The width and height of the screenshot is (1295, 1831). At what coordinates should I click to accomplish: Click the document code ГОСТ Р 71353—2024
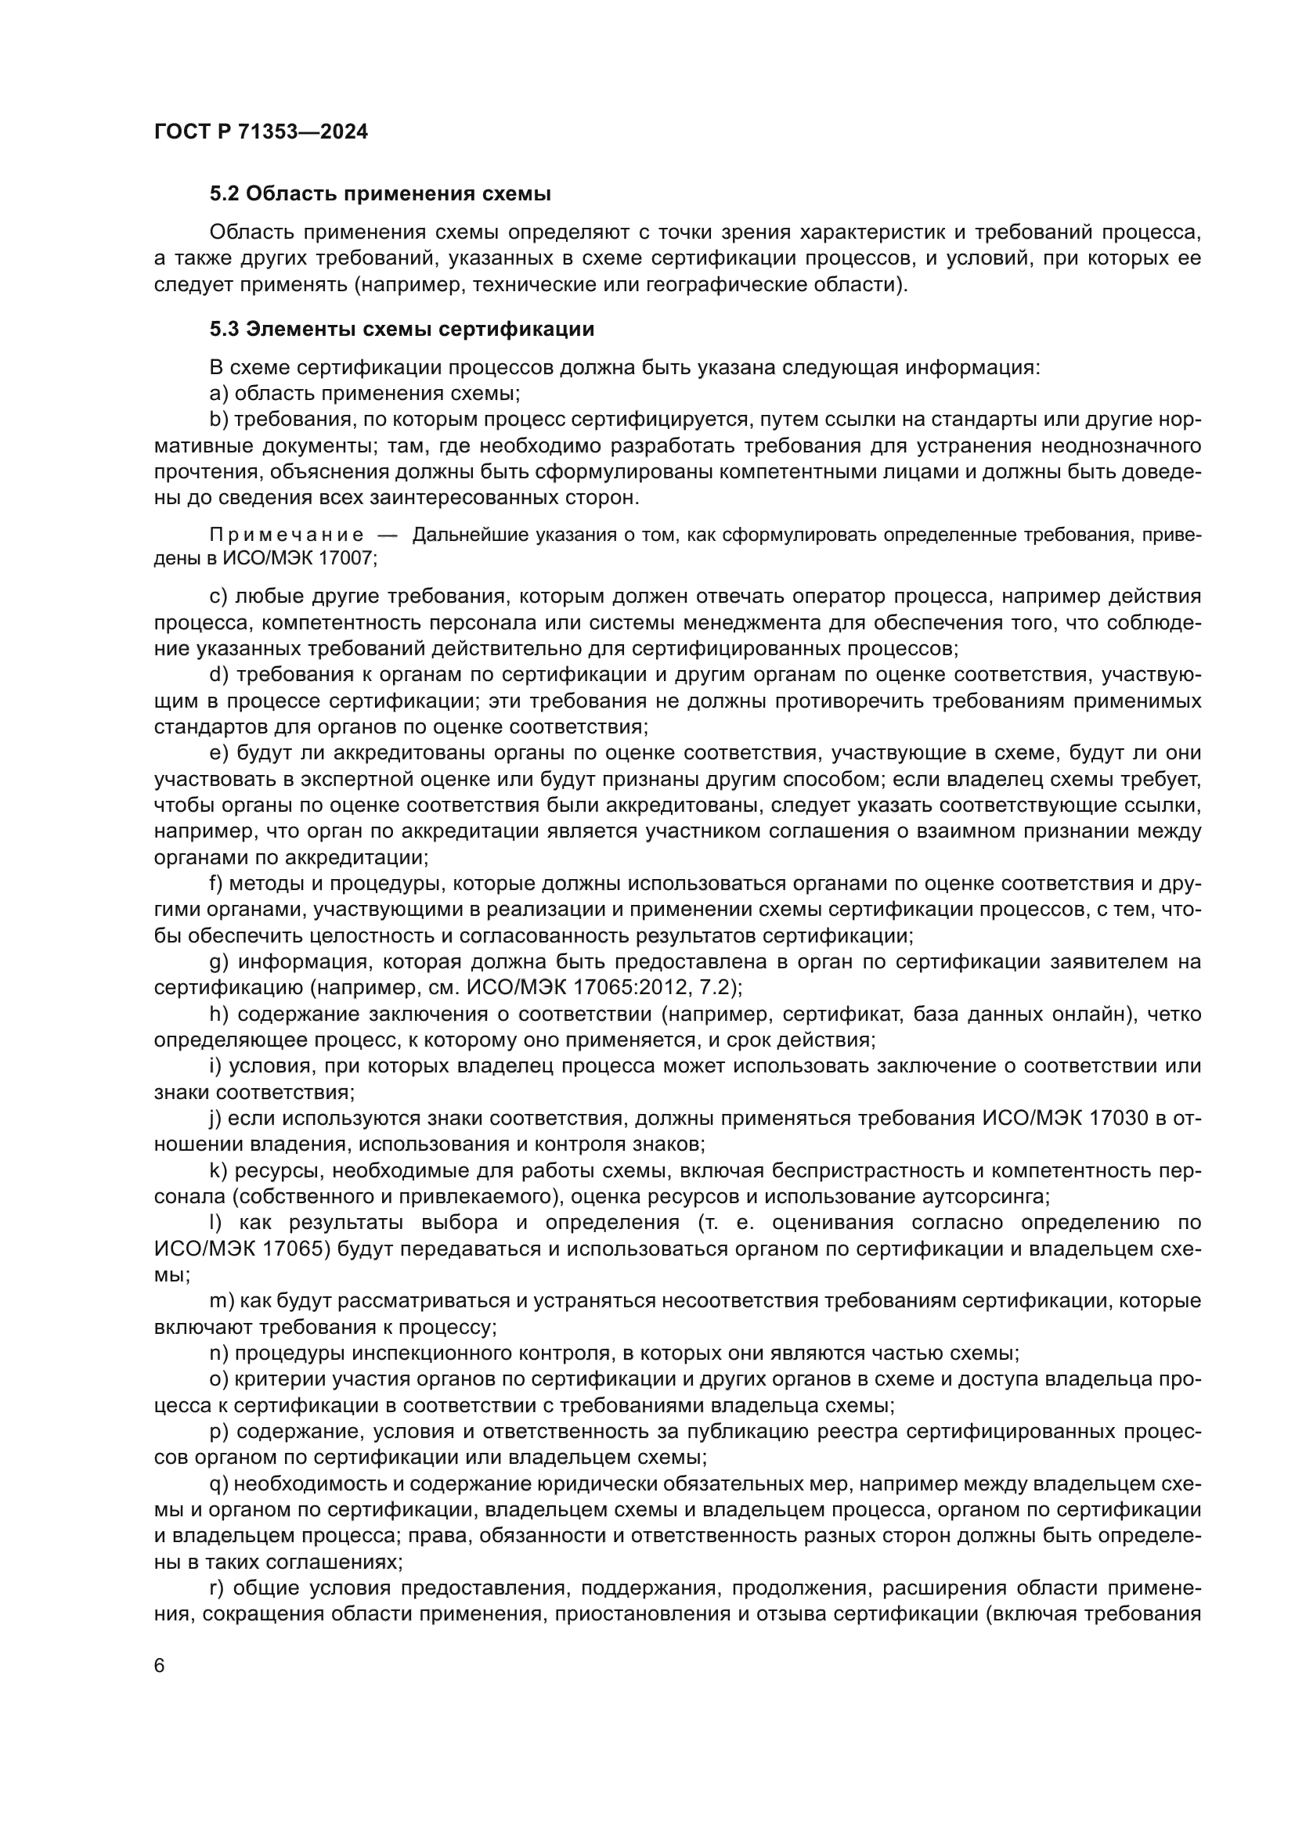261,132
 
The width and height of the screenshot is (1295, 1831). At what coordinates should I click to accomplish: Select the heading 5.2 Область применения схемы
381,194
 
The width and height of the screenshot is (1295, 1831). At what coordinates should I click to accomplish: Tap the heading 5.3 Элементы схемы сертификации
402,330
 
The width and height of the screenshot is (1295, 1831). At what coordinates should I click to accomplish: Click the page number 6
160,1666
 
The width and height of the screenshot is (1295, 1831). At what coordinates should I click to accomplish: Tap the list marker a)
219,394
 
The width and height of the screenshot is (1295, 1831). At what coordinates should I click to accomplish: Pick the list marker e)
219,754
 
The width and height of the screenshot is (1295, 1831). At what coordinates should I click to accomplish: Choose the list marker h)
219,1015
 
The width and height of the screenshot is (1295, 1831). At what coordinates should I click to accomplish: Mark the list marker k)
219,1170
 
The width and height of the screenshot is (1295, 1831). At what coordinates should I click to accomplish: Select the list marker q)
219,1484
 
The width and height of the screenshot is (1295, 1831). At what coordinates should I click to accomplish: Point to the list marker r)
218,1588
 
